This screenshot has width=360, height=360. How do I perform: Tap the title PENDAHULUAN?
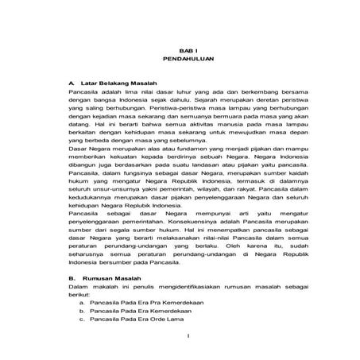(x=180, y=59)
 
